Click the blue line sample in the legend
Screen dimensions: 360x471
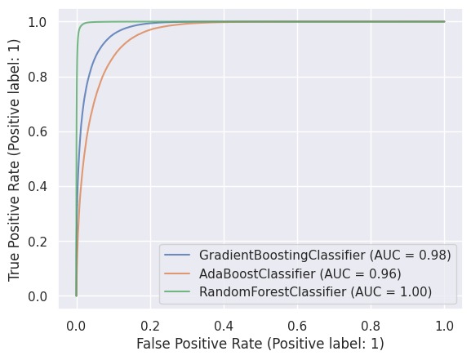tap(177, 255)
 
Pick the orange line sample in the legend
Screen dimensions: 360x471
tap(177, 272)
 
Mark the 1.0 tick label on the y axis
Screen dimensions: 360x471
tap(38, 22)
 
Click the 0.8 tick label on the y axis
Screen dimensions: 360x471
tap(38, 77)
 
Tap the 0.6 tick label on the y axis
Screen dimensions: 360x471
tap(38, 131)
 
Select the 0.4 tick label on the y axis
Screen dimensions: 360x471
tap(38, 186)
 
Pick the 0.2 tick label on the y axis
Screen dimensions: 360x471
tap(38, 241)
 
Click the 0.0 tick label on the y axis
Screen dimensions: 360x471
tap(38, 296)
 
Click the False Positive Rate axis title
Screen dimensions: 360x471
tap(260, 344)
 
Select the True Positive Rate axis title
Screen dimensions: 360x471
tap(14, 158)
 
